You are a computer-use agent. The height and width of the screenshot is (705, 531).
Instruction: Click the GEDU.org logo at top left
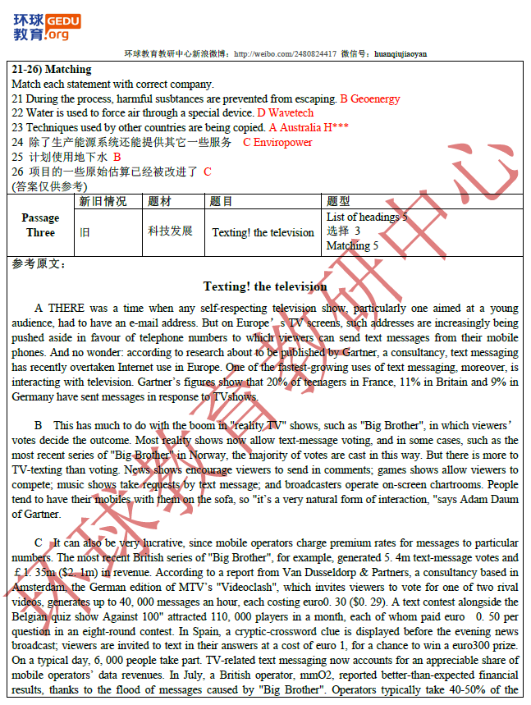click(46, 26)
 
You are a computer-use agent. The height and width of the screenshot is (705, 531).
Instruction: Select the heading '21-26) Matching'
click(52, 70)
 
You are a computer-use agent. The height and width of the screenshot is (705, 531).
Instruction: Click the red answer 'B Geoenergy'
click(370, 98)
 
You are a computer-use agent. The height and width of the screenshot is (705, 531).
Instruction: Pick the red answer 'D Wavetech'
click(286, 112)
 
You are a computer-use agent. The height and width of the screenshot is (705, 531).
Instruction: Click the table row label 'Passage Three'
click(40, 225)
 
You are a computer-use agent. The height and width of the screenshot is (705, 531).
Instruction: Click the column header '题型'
click(338, 202)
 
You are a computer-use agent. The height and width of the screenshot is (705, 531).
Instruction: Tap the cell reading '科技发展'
click(171, 231)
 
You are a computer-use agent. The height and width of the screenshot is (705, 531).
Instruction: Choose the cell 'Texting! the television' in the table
click(263, 232)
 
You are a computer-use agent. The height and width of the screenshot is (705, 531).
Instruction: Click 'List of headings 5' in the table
click(367, 217)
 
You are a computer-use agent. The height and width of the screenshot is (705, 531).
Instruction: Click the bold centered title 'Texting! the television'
click(265, 286)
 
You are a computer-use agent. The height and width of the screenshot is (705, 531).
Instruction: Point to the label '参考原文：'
click(40, 263)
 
